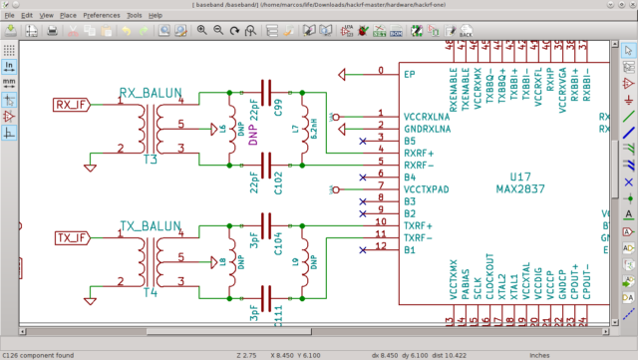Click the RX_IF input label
click(x=71, y=103)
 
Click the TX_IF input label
click(x=71, y=237)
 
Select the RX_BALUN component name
click(x=151, y=92)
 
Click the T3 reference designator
click(x=150, y=160)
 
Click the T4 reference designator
click(x=150, y=294)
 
